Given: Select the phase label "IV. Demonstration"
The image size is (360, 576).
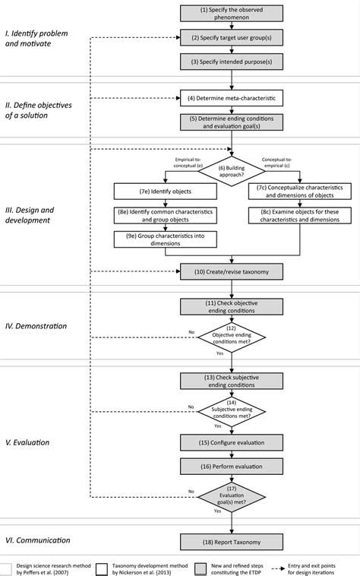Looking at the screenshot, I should click(x=36, y=326).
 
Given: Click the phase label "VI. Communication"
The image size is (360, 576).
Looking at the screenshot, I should click(x=39, y=540).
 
